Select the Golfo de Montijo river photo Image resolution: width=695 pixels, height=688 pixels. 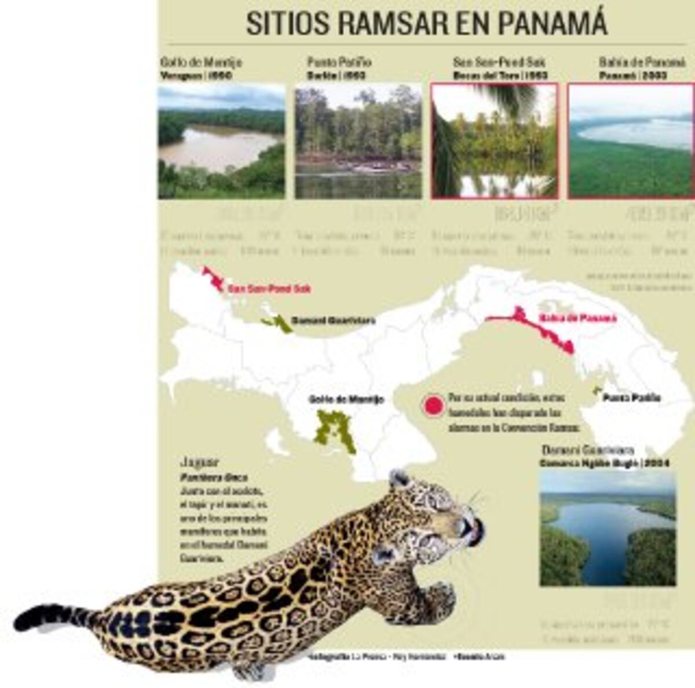[x=221, y=141]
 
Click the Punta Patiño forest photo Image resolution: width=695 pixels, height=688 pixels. [x=358, y=141]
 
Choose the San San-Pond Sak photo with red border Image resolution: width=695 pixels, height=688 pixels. [x=494, y=141]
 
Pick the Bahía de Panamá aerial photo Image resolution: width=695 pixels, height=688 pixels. [x=630, y=141]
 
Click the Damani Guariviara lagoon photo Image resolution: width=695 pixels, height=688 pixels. [x=608, y=528]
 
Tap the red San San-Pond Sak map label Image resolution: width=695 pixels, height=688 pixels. [x=269, y=288]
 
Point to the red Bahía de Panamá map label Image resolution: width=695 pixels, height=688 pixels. [x=577, y=318]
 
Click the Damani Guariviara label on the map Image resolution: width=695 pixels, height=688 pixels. [x=332, y=321]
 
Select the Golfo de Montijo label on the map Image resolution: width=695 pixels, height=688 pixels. [x=346, y=400]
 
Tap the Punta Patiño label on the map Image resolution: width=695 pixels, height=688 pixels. [x=631, y=398]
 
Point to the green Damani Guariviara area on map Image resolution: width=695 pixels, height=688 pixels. [x=280, y=323]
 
